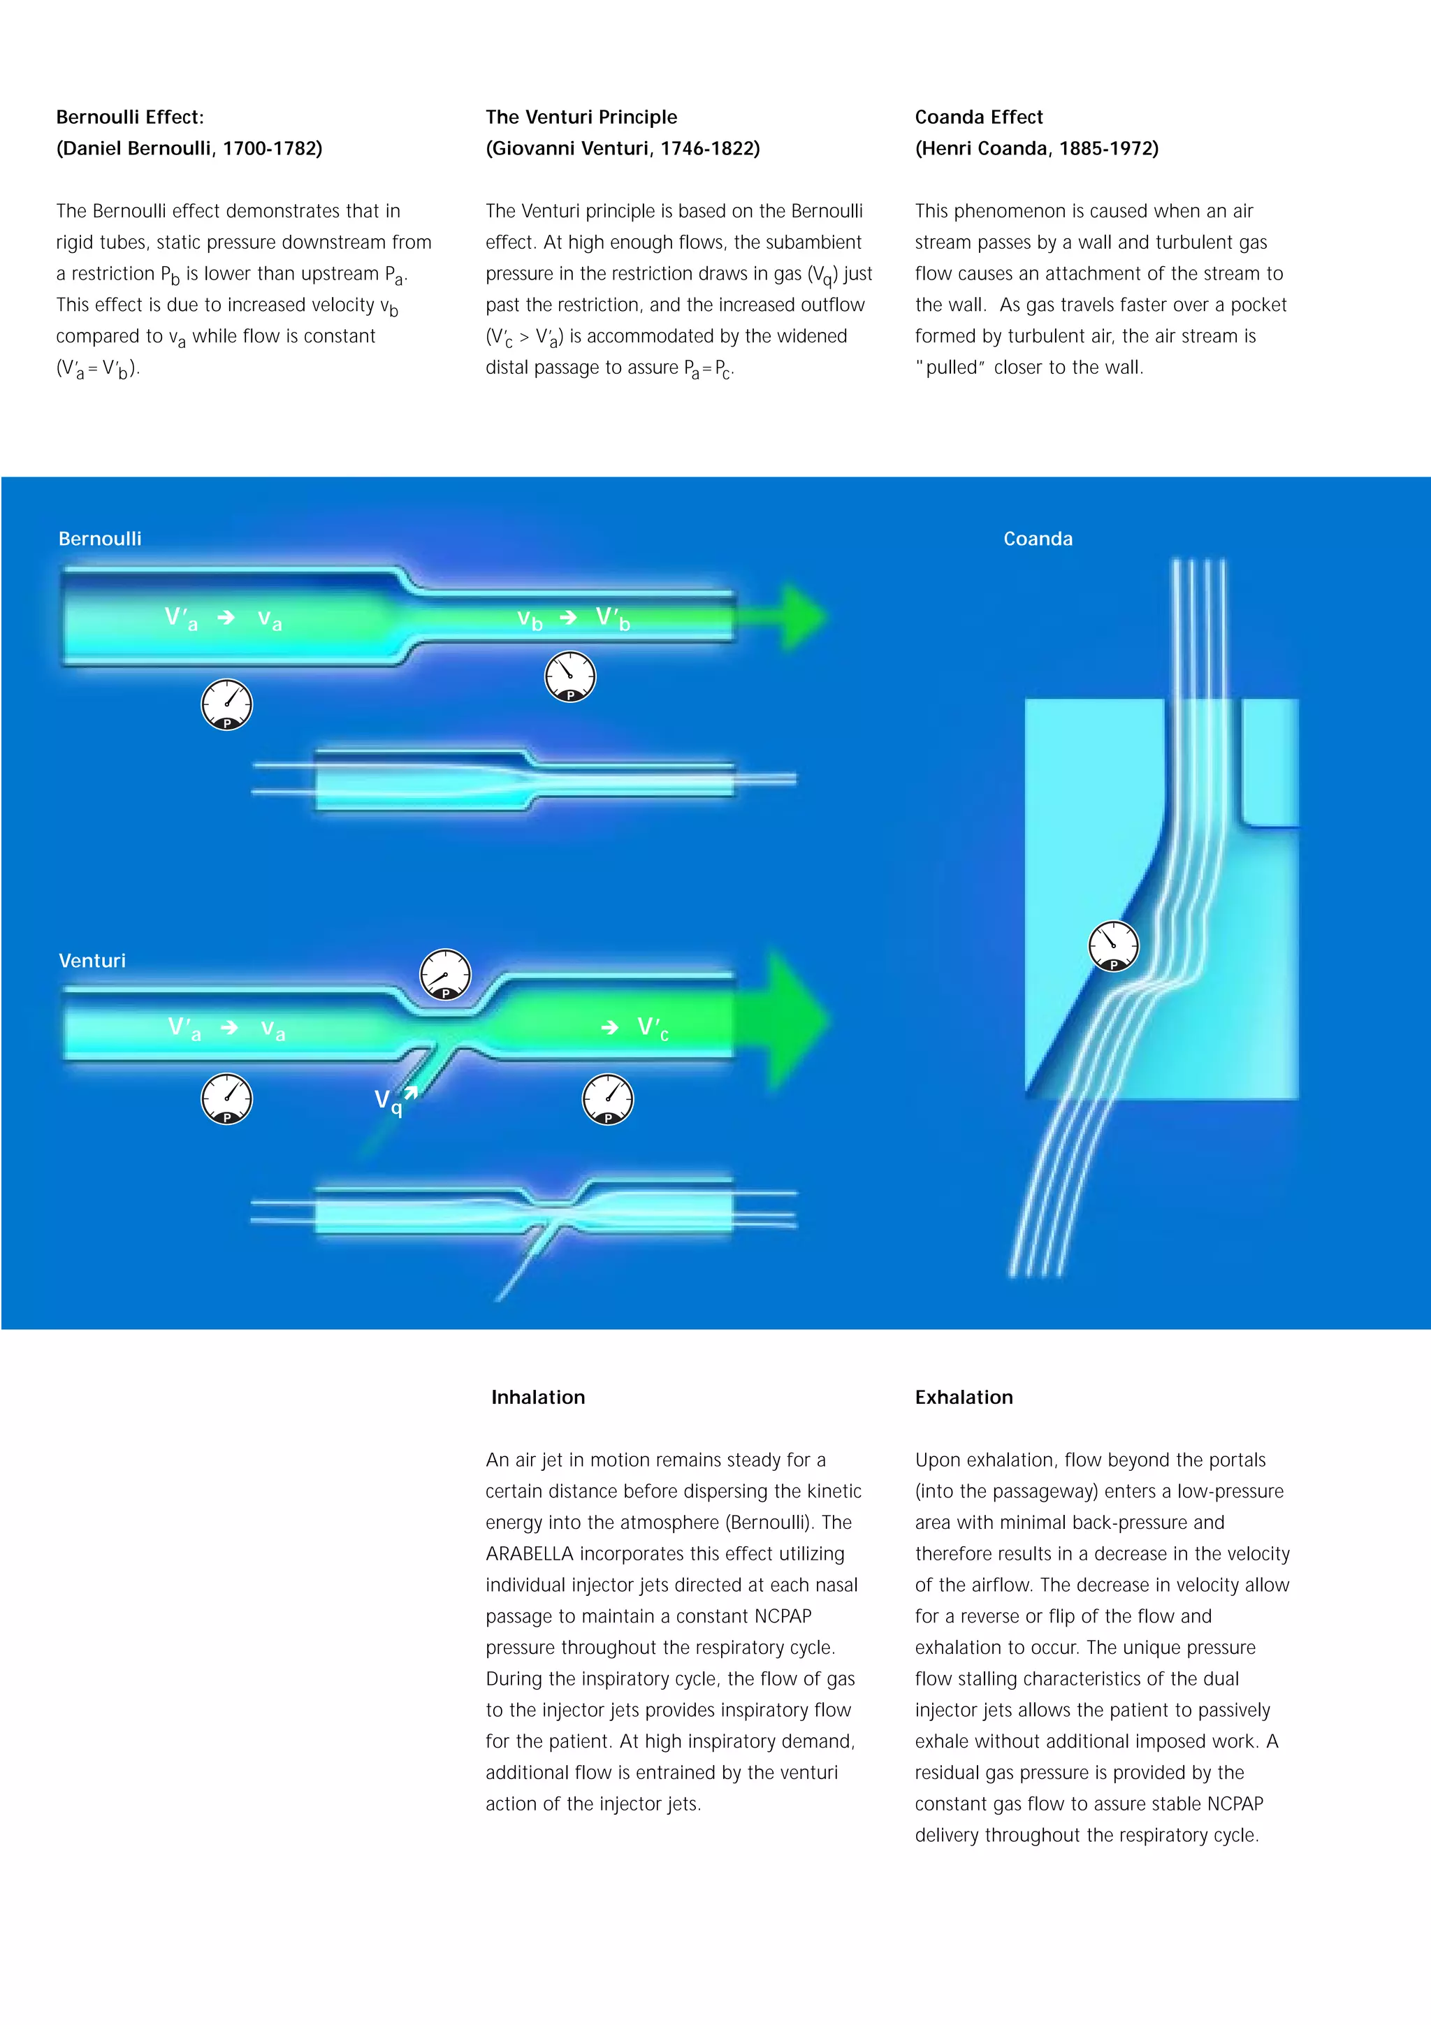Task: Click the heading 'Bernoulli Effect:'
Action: click(x=129, y=117)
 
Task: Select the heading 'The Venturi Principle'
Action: click(x=581, y=117)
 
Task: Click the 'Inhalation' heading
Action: click(x=538, y=1397)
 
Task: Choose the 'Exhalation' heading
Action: click(x=964, y=1397)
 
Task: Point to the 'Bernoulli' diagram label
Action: click(x=100, y=539)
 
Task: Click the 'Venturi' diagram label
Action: click(x=92, y=961)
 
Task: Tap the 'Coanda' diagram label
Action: click(x=1038, y=539)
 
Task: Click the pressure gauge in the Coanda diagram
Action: click(x=1114, y=946)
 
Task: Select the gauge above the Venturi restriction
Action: click(x=445, y=975)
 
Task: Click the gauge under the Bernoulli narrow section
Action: click(x=570, y=676)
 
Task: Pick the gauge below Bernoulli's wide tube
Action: click(x=226, y=704)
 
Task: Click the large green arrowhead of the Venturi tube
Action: click(x=794, y=1019)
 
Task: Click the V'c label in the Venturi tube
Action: click(x=653, y=1029)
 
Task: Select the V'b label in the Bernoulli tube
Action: click(x=613, y=618)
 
